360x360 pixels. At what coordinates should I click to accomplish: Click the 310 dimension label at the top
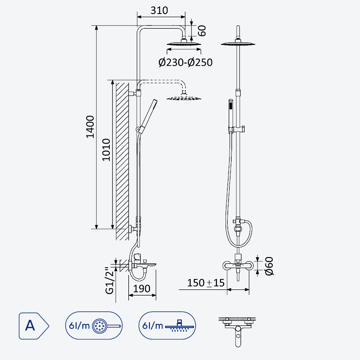(159, 10)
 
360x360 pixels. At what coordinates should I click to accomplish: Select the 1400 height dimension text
(90, 127)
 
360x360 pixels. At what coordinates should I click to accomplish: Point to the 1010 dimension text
(106, 150)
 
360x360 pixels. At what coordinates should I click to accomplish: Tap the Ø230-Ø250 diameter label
(185, 62)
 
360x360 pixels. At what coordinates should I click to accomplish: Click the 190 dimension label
(142, 288)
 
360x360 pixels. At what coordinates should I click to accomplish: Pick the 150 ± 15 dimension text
(206, 283)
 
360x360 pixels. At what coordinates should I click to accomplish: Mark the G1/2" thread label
(109, 280)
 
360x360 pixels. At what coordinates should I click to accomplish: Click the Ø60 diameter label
(269, 266)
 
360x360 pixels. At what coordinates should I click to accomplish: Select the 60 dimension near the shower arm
(202, 31)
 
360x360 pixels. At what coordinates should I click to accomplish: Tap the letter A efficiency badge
(34, 325)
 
